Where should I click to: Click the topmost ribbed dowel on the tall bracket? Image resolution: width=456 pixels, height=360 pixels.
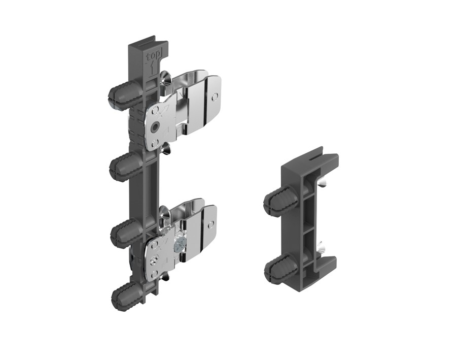point(120,95)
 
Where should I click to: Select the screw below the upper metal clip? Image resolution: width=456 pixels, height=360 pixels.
point(166,148)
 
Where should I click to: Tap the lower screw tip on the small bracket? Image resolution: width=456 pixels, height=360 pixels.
point(323,248)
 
